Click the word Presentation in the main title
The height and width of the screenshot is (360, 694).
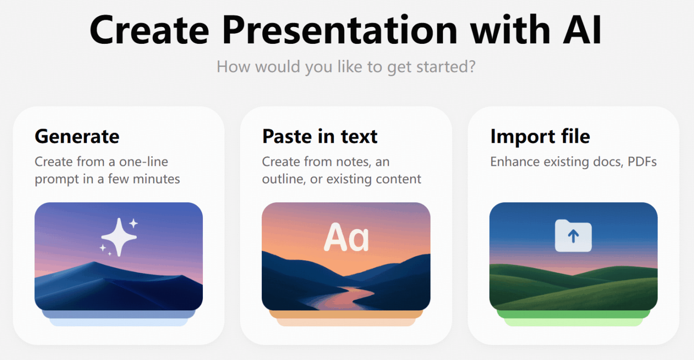(x=340, y=30)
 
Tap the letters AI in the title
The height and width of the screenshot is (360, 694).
(x=582, y=30)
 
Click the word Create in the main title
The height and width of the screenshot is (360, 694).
(x=149, y=30)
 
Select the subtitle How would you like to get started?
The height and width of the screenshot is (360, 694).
(x=346, y=67)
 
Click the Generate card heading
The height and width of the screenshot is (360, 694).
(x=77, y=137)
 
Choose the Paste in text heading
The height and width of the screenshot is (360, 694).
(x=320, y=136)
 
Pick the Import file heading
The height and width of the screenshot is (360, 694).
(x=540, y=136)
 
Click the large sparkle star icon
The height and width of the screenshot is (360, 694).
(x=119, y=237)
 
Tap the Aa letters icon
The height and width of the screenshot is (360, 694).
(x=346, y=237)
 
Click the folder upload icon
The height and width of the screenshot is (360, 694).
(x=573, y=236)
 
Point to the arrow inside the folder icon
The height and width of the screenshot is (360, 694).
(x=573, y=236)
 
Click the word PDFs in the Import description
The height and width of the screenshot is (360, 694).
(x=642, y=162)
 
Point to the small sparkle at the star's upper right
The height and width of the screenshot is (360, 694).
(x=133, y=223)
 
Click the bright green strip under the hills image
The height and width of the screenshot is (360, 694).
(x=573, y=314)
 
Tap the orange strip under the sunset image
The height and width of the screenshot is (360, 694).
(x=346, y=314)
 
